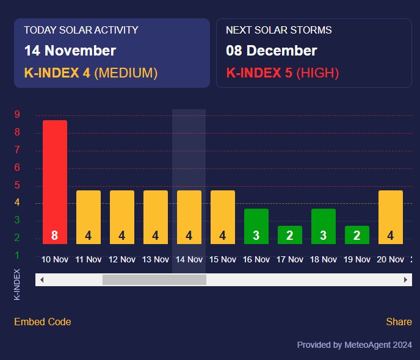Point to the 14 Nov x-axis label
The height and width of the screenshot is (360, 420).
189,259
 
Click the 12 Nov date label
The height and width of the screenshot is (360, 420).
122,259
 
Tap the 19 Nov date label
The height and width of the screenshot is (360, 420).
357,259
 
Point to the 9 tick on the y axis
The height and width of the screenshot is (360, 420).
17,114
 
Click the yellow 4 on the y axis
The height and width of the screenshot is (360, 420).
17,203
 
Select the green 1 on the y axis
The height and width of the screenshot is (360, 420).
17,255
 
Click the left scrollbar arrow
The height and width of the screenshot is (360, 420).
42,279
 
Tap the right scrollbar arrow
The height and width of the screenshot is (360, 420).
406,279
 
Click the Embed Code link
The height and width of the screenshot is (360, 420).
42,322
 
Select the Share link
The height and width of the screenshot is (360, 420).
399,322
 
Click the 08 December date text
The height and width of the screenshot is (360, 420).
272,51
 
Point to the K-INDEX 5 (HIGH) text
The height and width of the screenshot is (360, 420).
282,73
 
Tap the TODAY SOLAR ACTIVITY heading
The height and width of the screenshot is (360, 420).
81,30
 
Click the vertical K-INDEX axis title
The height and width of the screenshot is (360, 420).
17,284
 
